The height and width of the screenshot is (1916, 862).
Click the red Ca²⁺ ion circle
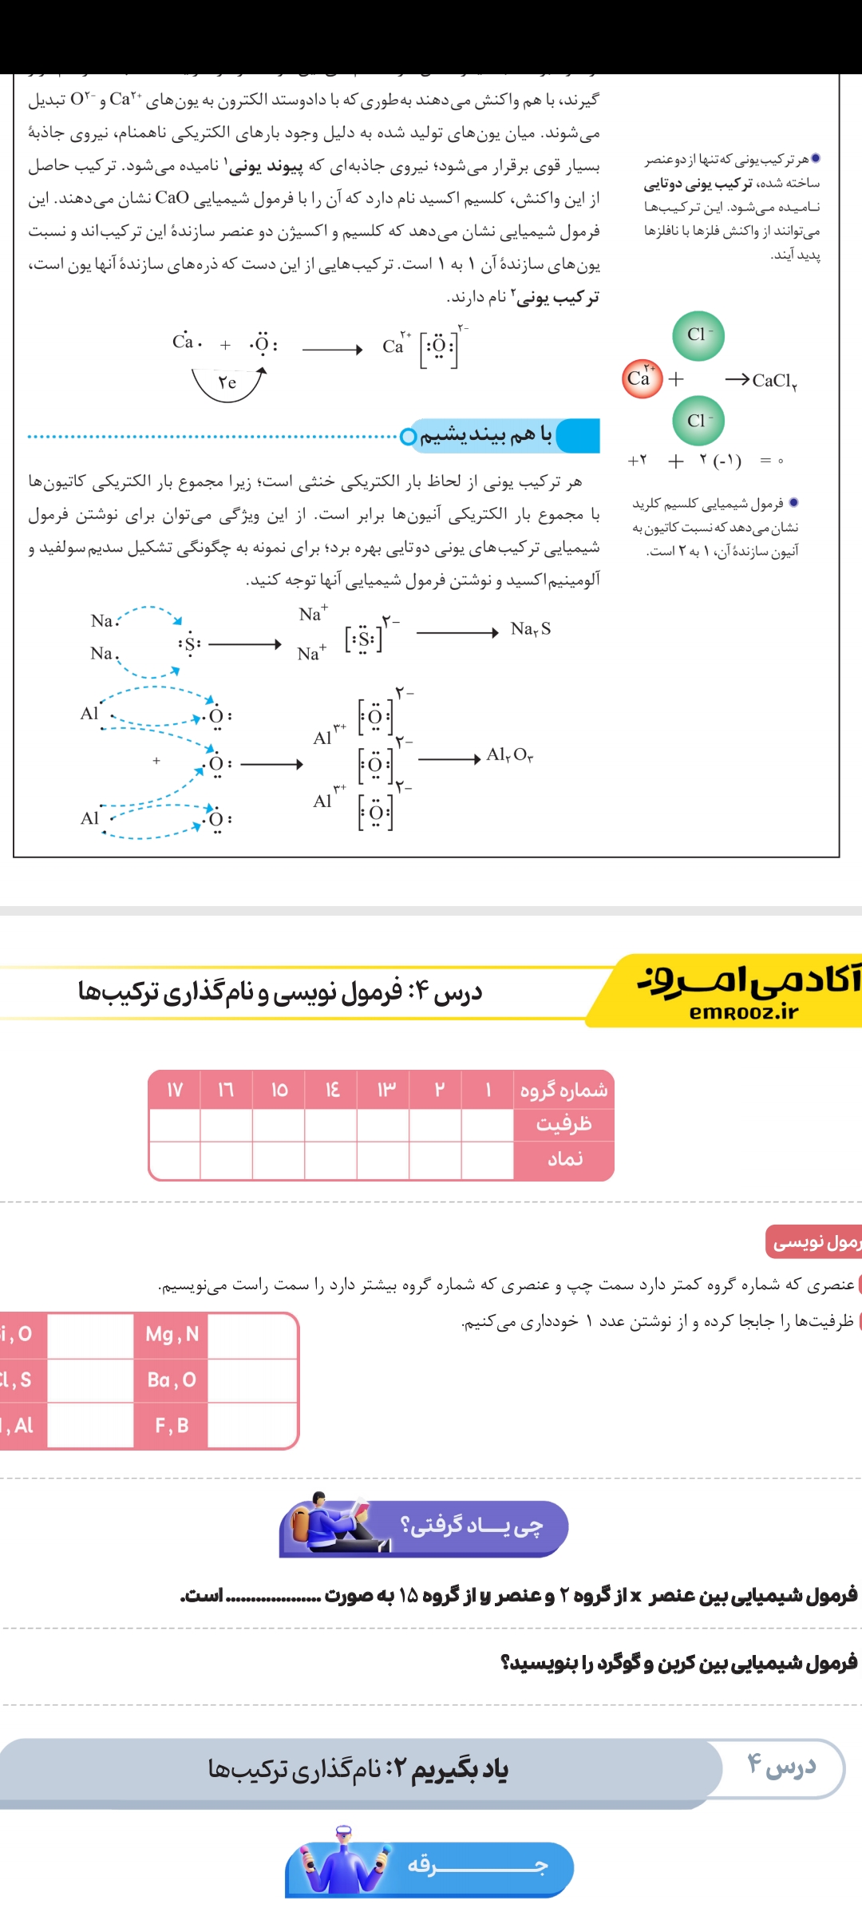coord(642,378)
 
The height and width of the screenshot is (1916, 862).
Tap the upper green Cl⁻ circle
coord(698,335)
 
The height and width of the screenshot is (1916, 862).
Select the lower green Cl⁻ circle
coord(698,421)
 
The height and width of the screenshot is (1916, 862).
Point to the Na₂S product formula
coord(531,629)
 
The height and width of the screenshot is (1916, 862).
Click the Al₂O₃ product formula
coord(510,754)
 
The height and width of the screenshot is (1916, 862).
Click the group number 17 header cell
coord(175,1090)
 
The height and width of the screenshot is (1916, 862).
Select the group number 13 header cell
coord(385,1090)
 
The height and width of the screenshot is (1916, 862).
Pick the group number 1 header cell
coord(488,1090)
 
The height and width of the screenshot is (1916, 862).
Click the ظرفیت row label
coord(563,1124)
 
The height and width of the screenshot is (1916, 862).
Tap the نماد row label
coord(563,1159)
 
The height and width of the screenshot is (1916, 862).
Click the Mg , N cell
coord(172,1334)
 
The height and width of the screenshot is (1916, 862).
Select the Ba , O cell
coord(172,1380)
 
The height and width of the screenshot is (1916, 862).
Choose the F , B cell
coord(172,1425)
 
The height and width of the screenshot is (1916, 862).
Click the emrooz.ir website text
coord(744,1012)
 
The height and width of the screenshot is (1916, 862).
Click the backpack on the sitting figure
coord(301,1523)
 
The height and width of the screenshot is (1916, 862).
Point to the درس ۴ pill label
coord(781,1766)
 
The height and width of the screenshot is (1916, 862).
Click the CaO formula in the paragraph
coord(172,198)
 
